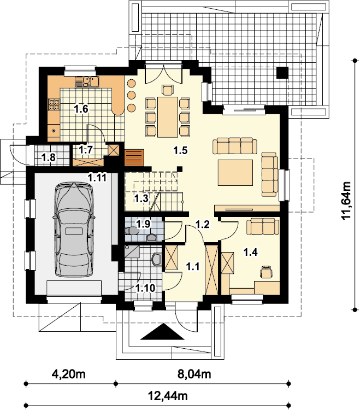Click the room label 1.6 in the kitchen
pos(81,109)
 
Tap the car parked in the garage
pos(74,230)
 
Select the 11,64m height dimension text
pos(347,201)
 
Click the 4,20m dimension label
pos(69,374)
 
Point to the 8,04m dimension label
pos(194,374)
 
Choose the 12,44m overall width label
pos(168,396)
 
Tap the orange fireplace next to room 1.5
pos(134,157)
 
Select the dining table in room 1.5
pos(168,117)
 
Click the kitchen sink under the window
pos(87,81)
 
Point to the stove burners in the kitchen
pos(54,104)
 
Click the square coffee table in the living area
pos(235,173)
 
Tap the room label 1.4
pos(251,253)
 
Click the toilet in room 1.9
pos(131,230)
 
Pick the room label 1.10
pos(145,288)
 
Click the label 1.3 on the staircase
pos(141,198)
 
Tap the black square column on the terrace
pos(282,72)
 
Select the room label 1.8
pos(49,157)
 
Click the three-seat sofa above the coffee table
pos(235,145)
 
